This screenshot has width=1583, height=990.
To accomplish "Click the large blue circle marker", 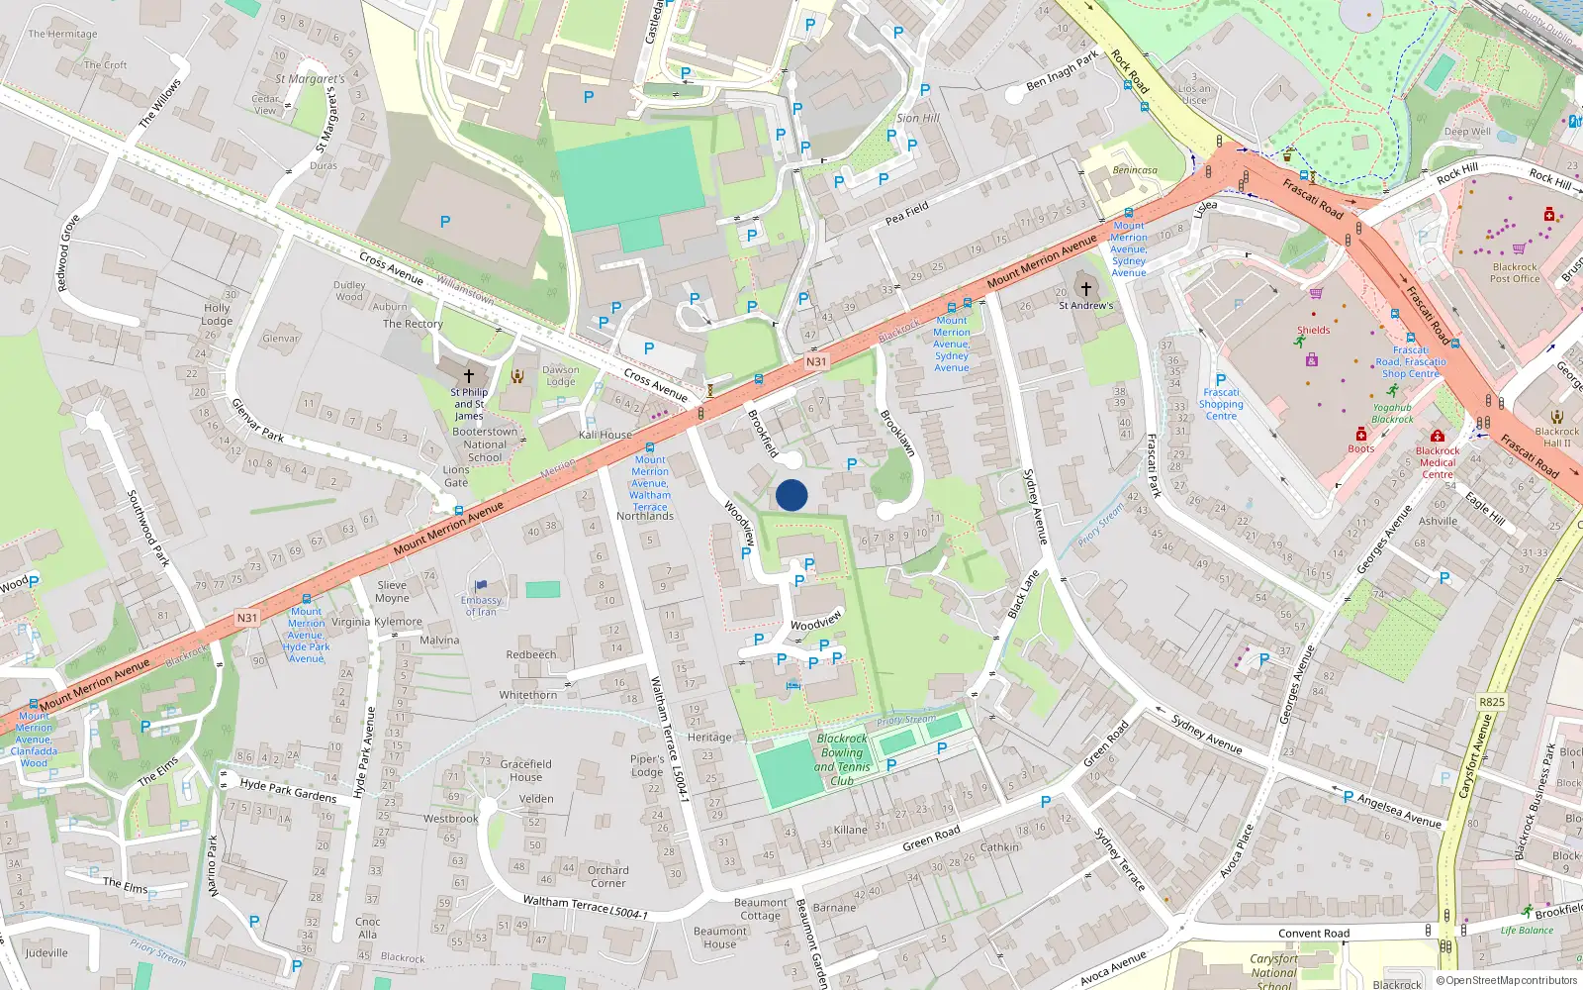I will point(791,495).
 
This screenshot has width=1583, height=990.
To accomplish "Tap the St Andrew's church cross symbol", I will point(1085,288).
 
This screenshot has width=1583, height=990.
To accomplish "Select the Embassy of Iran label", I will point(481,606).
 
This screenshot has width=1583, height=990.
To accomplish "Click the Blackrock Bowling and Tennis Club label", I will point(842,759).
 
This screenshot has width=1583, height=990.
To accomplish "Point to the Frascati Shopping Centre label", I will point(1221,404).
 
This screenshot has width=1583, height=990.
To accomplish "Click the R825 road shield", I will point(1491,702).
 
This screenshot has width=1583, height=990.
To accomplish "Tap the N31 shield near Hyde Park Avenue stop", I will point(247,618).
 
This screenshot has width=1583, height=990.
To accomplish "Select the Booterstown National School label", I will point(485,445).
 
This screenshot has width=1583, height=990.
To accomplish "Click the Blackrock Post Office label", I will point(1515,272).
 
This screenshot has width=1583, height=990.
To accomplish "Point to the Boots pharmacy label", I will point(1360,448).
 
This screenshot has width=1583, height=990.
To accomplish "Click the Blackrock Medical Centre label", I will point(1438,462).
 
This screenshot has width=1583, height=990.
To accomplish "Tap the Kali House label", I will point(605,435).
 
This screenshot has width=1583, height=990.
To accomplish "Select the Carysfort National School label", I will point(1273,971).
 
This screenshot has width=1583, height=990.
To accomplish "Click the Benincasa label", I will point(1134,170).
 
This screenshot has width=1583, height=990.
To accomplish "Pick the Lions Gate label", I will point(456,476).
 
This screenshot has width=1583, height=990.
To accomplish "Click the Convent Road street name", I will point(1313,934).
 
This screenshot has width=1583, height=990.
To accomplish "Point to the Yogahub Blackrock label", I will point(1392,413).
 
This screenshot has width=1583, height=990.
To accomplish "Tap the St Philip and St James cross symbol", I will point(469,376).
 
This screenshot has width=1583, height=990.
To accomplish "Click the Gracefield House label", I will point(525,770).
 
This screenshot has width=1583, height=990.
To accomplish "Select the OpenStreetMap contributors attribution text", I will point(1507,980).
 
